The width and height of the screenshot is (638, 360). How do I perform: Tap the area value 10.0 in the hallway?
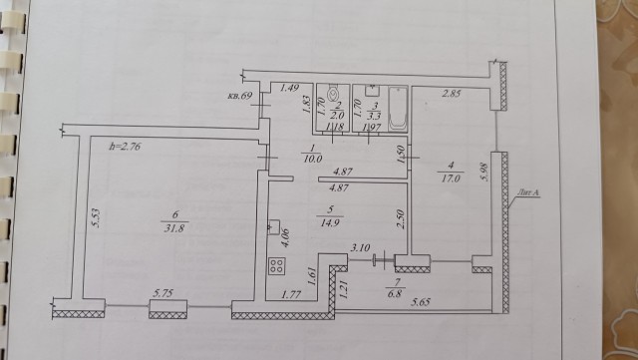point(311,157)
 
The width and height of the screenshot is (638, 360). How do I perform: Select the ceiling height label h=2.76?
point(126,147)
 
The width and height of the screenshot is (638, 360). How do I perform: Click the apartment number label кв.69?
point(238,96)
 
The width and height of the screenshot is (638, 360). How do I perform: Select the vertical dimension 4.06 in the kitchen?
point(286,237)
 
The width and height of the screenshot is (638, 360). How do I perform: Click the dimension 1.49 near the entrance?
point(290,89)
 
